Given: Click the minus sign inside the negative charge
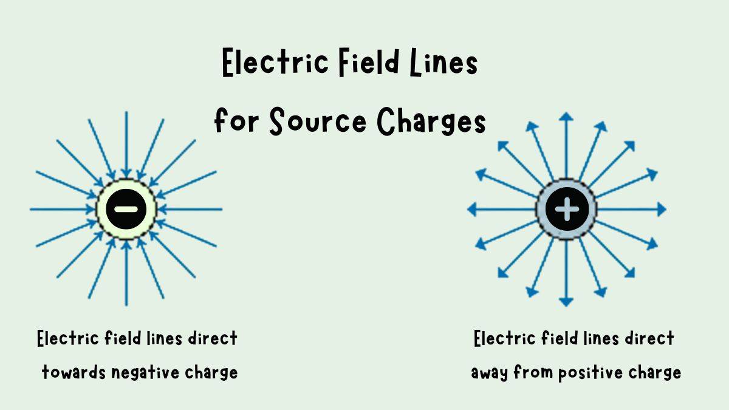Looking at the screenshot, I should point(126,209).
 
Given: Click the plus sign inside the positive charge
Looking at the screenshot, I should point(567,209).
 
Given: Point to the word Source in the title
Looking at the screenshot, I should point(317,121).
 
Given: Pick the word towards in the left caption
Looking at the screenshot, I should point(74,372).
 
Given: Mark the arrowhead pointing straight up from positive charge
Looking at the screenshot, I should point(566,116).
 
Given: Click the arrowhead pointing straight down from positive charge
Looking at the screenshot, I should point(566,301).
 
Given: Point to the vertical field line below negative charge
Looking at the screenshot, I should point(126,273).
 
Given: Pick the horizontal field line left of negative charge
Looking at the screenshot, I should point(61,209).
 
